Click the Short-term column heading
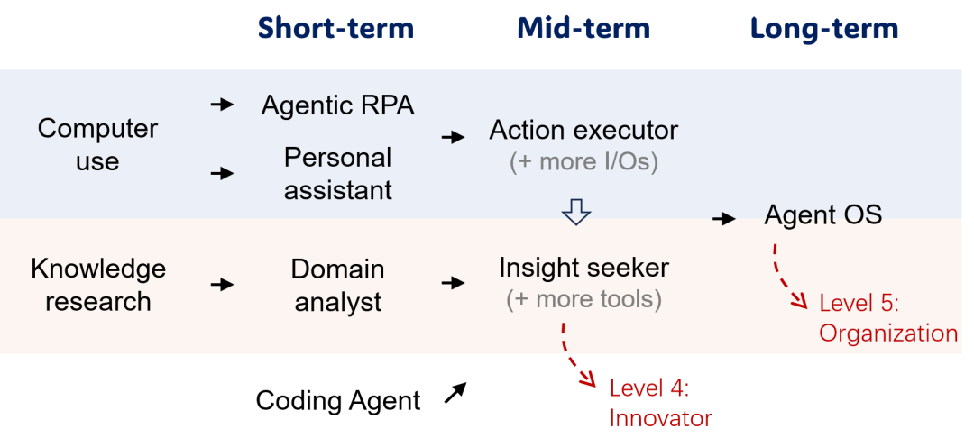click(336, 29)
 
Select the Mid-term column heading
click(583, 29)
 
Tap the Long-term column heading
click(824, 29)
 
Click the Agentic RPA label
click(337, 105)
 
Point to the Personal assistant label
click(338, 174)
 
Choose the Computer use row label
click(97, 145)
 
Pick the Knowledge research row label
click(98, 285)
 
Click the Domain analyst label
click(338, 285)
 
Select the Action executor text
click(583, 131)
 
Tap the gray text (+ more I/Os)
click(583, 162)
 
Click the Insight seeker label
click(583, 269)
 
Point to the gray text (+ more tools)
click(583, 300)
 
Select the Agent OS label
click(823, 215)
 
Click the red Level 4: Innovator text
click(660, 404)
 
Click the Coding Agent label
click(338, 400)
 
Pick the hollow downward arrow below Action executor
click(575, 213)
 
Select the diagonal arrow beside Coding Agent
click(455, 393)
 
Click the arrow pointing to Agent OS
click(724, 218)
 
